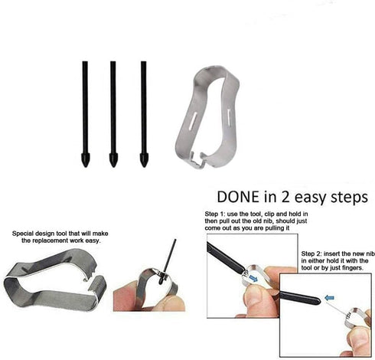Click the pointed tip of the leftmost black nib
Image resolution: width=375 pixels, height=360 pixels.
pos(85,166)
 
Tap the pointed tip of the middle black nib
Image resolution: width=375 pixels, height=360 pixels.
pos(113,166)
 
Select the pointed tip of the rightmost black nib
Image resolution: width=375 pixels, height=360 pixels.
pos(144,166)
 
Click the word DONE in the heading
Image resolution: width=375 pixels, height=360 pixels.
pos(238,197)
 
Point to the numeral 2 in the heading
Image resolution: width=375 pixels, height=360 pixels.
pos(285,197)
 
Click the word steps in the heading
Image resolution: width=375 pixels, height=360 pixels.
pos(349,198)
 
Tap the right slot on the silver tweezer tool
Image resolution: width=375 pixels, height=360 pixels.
pos(229,114)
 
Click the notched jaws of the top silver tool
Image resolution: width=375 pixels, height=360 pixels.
pos(197,159)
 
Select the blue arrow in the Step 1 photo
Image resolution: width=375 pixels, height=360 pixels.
pos(253,279)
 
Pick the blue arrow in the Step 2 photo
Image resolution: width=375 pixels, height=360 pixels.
pos(329,297)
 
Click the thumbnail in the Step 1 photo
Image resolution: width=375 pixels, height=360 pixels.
pos(253,294)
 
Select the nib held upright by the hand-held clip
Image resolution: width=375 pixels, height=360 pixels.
pos(168,261)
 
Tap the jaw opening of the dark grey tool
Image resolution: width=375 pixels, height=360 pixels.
pos(92,277)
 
